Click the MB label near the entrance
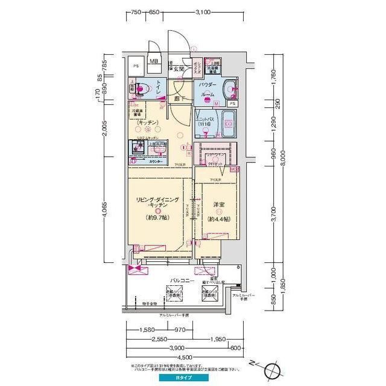(x=153, y=62)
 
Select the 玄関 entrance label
(x=179, y=69)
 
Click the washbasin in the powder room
(x=230, y=89)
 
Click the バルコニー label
(x=181, y=281)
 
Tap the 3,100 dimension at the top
(x=203, y=11)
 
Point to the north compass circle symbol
(x=271, y=369)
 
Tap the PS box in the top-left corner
(x=136, y=65)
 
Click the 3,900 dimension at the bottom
(x=177, y=349)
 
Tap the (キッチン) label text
(x=148, y=123)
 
